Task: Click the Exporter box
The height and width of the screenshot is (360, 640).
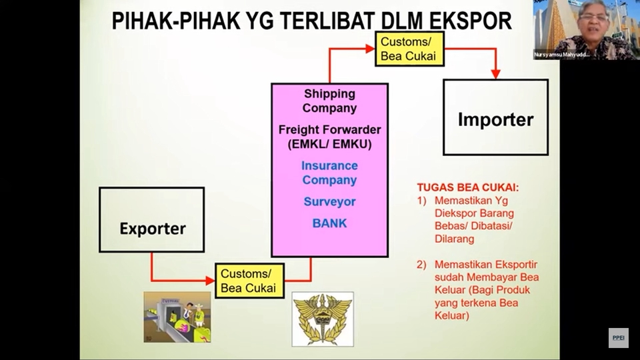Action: (x=152, y=220)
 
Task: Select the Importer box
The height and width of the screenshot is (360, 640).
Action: (x=495, y=117)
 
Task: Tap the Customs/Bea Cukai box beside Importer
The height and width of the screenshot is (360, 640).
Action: (x=409, y=49)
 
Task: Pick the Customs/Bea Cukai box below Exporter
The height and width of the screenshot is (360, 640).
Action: (x=249, y=281)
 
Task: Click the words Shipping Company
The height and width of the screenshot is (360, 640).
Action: (x=329, y=101)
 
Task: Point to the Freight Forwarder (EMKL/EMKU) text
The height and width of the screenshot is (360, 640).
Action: (x=329, y=137)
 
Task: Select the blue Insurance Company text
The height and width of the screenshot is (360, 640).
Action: (x=329, y=173)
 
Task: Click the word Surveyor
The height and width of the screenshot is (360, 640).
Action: (x=329, y=201)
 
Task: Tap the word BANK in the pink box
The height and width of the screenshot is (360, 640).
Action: (x=329, y=223)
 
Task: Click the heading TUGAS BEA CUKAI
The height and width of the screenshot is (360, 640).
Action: (x=467, y=187)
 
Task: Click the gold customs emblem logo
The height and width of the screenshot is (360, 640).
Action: (x=323, y=319)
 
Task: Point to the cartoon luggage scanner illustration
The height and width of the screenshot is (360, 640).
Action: (x=177, y=317)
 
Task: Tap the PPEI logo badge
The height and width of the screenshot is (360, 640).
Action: (x=618, y=337)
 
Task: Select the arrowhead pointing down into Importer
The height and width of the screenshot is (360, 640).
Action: (x=495, y=73)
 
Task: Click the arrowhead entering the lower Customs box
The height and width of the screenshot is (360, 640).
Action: (x=209, y=280)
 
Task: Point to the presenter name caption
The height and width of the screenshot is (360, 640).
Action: (x=562, y=55)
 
